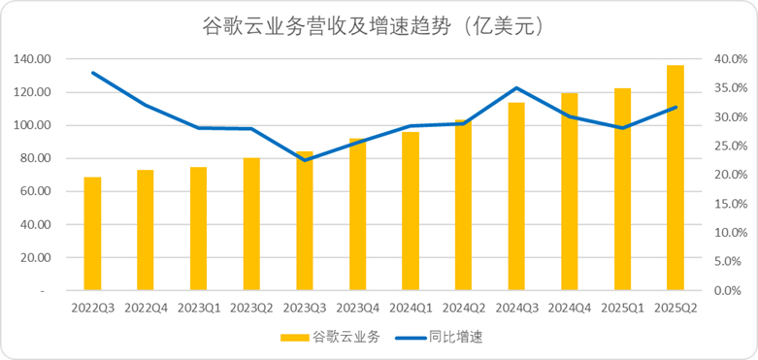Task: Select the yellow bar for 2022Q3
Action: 93,233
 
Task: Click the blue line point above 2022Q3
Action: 93,73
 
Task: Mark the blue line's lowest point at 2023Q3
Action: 305,159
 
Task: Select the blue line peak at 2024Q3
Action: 516,88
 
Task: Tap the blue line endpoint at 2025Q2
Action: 676,108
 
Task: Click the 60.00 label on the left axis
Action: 36,191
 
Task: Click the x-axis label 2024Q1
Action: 411,307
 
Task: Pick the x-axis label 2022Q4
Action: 146,307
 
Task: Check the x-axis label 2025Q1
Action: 622,307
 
